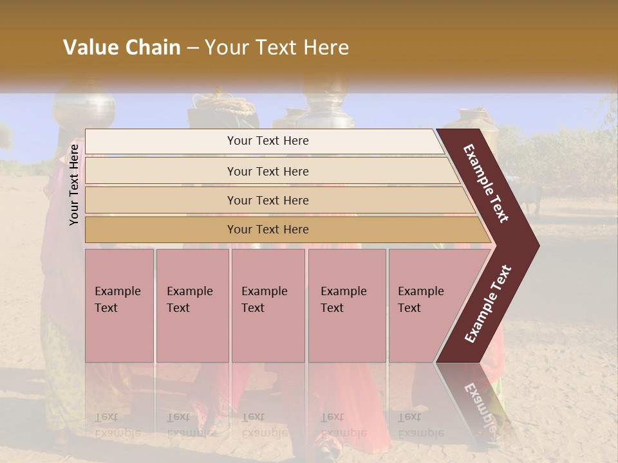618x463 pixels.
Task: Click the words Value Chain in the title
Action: [122, 48]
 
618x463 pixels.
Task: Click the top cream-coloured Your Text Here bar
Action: [267, 141]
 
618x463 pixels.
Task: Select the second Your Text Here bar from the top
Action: [267, 171]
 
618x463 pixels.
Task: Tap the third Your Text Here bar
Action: [267, 200]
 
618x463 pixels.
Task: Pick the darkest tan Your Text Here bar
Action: [267, 230]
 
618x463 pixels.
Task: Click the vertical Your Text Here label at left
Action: [74, 185]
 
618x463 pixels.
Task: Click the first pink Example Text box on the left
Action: [119, 305]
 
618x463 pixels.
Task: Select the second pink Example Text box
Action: [192, 305]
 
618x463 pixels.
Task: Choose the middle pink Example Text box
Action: [268, 305]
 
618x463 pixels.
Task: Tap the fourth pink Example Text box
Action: [346, 305]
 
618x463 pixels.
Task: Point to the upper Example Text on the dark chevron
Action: [486, 183]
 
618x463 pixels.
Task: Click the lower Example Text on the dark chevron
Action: [488, 304]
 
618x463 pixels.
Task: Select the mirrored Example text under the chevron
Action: [480, 405]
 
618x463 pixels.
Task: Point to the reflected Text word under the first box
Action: [107, 417]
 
